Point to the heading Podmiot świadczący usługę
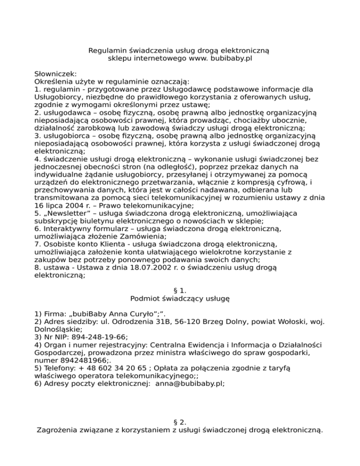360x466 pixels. pos(180,298)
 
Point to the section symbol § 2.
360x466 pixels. pos(180,421)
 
